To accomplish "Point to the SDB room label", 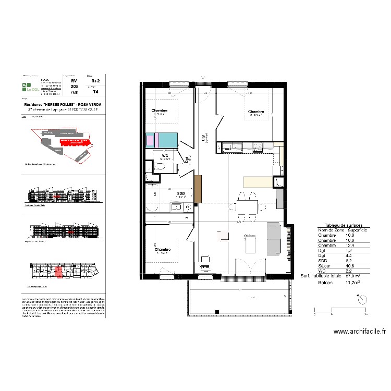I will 181,194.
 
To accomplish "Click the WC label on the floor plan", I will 165,156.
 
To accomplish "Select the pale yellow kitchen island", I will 258,181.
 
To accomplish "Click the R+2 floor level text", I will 95,81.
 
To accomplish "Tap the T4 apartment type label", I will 95,92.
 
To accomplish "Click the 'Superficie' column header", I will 357,230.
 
